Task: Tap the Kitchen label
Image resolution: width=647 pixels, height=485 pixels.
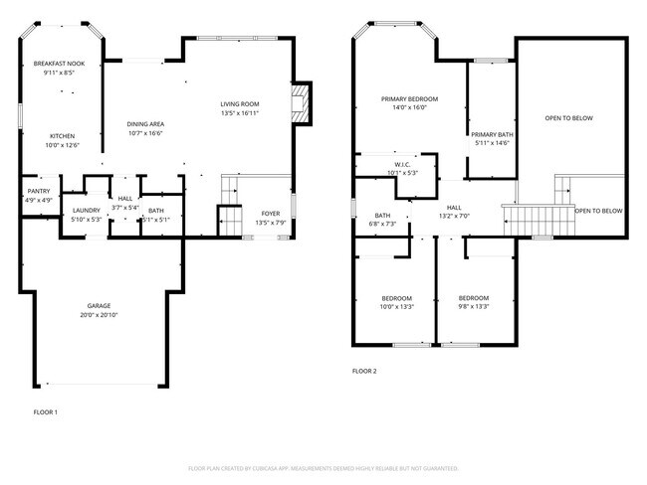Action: pyautogui.click(x=63, y=136)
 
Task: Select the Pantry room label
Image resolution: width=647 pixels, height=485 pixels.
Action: pyautogui.click(x=38, y=191)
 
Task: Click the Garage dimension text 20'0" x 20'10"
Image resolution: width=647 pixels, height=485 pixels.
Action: pyautogui.click(x=99, y=315)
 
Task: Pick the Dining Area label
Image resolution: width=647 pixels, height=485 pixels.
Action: pyautogui.click(x=145, y=123)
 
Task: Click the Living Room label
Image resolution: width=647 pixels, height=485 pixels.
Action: pyautogui.click(x=239, y=104)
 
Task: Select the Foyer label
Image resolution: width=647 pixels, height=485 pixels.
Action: pyautogui.click(x=271, y=214)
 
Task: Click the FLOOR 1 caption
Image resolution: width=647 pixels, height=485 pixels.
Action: pyautogui.click(x=46, y=411)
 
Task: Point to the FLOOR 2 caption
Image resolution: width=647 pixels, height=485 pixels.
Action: pyautogui.click(x=364, y=371)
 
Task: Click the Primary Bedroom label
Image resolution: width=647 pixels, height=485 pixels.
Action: pyautogui.click(x=410, y=98)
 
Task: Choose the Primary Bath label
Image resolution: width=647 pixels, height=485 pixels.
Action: pyautogui.click(x=492, y=134)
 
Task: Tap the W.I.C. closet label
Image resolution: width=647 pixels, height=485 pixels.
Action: pyautogui.click(x=402, y=165)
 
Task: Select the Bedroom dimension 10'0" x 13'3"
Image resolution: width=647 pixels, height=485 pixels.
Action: pyautogui.click(x=396, y=306)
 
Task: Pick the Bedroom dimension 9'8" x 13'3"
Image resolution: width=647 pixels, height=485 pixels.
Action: pyautogui.click(x=473, y=306)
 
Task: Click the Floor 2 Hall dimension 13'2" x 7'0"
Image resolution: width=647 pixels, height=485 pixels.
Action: pyautogui.click(x=454, y=216)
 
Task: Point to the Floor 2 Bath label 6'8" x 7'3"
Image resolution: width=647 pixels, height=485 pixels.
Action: pyautogui.click(x=382, y=225)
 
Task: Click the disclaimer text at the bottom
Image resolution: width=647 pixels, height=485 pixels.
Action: pyautogui.click(x=323, y=468)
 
